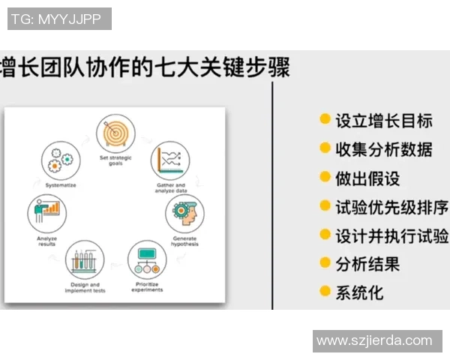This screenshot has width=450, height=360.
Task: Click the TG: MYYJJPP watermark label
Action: tap(59, 19)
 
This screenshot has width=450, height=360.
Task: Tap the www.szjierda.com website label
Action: tap(374, 340)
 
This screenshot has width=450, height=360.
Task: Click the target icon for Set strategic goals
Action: tap(115, 133)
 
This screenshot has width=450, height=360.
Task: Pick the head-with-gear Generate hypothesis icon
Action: tap(183, 213)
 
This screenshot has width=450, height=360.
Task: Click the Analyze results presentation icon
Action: tap(47, 212)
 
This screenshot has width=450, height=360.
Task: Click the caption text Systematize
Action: tap(60, 184)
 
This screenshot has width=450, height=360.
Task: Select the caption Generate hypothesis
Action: tap(184, 241)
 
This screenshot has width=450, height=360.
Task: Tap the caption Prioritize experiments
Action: tap(148, 286)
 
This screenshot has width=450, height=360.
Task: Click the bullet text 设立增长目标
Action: tap(383, 121)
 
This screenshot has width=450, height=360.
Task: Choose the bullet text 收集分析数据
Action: tap(383, 149)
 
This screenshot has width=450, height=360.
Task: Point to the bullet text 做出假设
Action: tap(367, 178)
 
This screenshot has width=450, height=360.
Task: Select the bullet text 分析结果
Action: tap(367, 263)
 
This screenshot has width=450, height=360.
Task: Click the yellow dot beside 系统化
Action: tap(325, 291)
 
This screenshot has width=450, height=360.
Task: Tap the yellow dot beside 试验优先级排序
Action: tap(325, 205)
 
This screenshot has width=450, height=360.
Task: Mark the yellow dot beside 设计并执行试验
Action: tap(325, 234)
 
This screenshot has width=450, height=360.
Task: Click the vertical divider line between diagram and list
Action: tap(272, 195)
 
